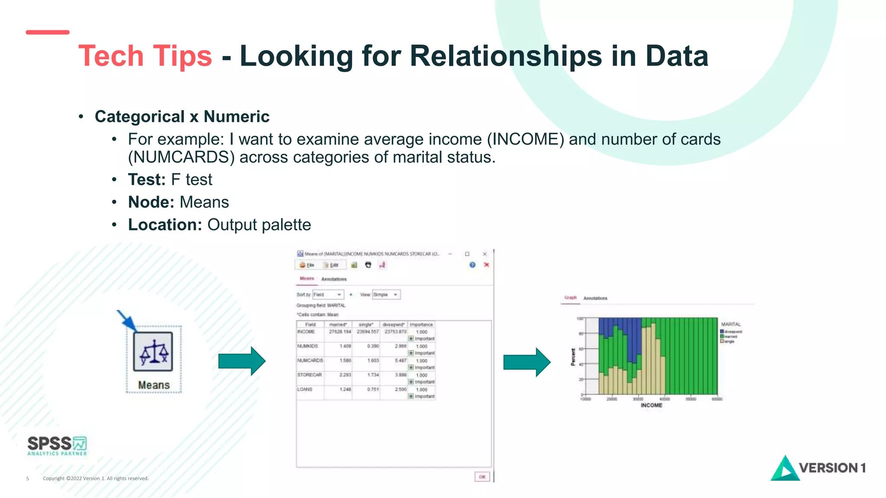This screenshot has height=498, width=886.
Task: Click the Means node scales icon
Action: (x=153, y=351)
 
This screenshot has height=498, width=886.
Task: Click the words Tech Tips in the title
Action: (x=145, y=56)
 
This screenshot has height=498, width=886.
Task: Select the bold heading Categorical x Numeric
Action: (x=182, y=117)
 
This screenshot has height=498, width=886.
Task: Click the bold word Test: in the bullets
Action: (x=147, y=180)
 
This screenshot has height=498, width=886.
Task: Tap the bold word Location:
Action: (x=165, y=225)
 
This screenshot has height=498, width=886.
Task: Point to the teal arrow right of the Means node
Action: (x=241, y=361)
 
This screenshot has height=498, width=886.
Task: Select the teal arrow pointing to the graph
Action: (x=526, y=362)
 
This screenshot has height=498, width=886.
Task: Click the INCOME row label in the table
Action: (x=306, y=332)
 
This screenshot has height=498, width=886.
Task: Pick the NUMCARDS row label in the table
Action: (x=310, y=361)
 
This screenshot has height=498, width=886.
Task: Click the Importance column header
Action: (x=421, y=325)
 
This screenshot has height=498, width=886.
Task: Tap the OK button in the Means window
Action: (x=482, y=477)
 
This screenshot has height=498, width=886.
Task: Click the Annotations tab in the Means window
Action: (x=334, y=279)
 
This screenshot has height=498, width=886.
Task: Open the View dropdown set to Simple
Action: (x=386, y=295)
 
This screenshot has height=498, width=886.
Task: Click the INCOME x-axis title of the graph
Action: (x=651, y=405)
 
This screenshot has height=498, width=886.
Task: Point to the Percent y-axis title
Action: (x=573, y=357)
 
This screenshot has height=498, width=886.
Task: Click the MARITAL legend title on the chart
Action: (x=731, y=324)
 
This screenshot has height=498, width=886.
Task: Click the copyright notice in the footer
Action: (x=96, y=479)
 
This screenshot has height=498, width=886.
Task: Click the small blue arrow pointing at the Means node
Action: (x=126, y=320)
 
